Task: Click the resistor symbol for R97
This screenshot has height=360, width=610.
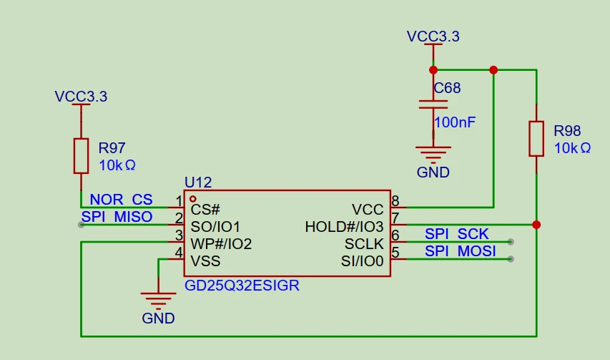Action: click(81, 156)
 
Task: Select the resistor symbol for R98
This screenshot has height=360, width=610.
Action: click(536, 138)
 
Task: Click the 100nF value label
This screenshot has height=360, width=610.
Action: click(454, 122)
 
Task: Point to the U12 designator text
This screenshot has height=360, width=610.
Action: click(197, 183)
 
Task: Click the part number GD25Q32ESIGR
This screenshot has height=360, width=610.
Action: click(242, 286)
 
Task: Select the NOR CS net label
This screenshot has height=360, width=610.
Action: click(121, 200)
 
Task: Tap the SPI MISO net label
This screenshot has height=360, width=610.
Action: click(117, 217)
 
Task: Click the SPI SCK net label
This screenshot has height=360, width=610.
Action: click(456, 234)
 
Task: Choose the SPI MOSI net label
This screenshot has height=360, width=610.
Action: click(460, 251)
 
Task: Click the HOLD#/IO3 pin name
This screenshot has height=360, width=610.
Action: click(344, 227)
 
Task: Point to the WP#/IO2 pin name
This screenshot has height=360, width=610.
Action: click(221, 244)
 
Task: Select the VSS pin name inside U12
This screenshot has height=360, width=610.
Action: click(205, 261)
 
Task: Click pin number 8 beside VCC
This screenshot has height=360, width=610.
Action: click(395, 201)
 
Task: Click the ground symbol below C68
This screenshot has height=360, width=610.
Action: click(433, 153)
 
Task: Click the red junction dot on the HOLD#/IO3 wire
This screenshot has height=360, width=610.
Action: click(536, 225)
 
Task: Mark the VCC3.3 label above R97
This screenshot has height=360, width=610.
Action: click(81, 97)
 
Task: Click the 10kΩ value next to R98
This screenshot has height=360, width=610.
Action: click(572, 148)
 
